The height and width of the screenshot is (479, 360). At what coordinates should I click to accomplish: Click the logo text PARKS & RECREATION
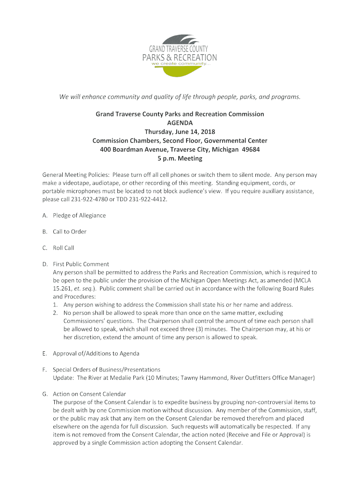[x=180, y=58]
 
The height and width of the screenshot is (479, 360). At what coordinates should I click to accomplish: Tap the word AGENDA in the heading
[x=180, y=123]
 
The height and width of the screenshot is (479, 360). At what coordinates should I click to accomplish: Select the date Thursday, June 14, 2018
[x=180, y=131]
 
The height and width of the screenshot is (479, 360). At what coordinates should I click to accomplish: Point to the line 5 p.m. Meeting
[x=180, y=159]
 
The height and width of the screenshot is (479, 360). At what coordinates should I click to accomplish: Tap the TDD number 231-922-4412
[x=144, y=200]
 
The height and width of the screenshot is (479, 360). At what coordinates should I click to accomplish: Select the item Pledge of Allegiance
[x=79, y=216]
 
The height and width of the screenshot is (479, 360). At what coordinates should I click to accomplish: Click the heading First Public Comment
[x=81, y=264]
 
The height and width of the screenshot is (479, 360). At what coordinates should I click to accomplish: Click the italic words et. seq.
[x=86, y=289]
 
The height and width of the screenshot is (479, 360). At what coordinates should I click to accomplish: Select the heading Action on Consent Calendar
[x=89, y=394]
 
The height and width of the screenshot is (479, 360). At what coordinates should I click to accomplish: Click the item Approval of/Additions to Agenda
[x=96, y=353]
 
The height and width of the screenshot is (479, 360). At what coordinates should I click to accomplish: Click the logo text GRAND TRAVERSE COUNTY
[x=179, y=49]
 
